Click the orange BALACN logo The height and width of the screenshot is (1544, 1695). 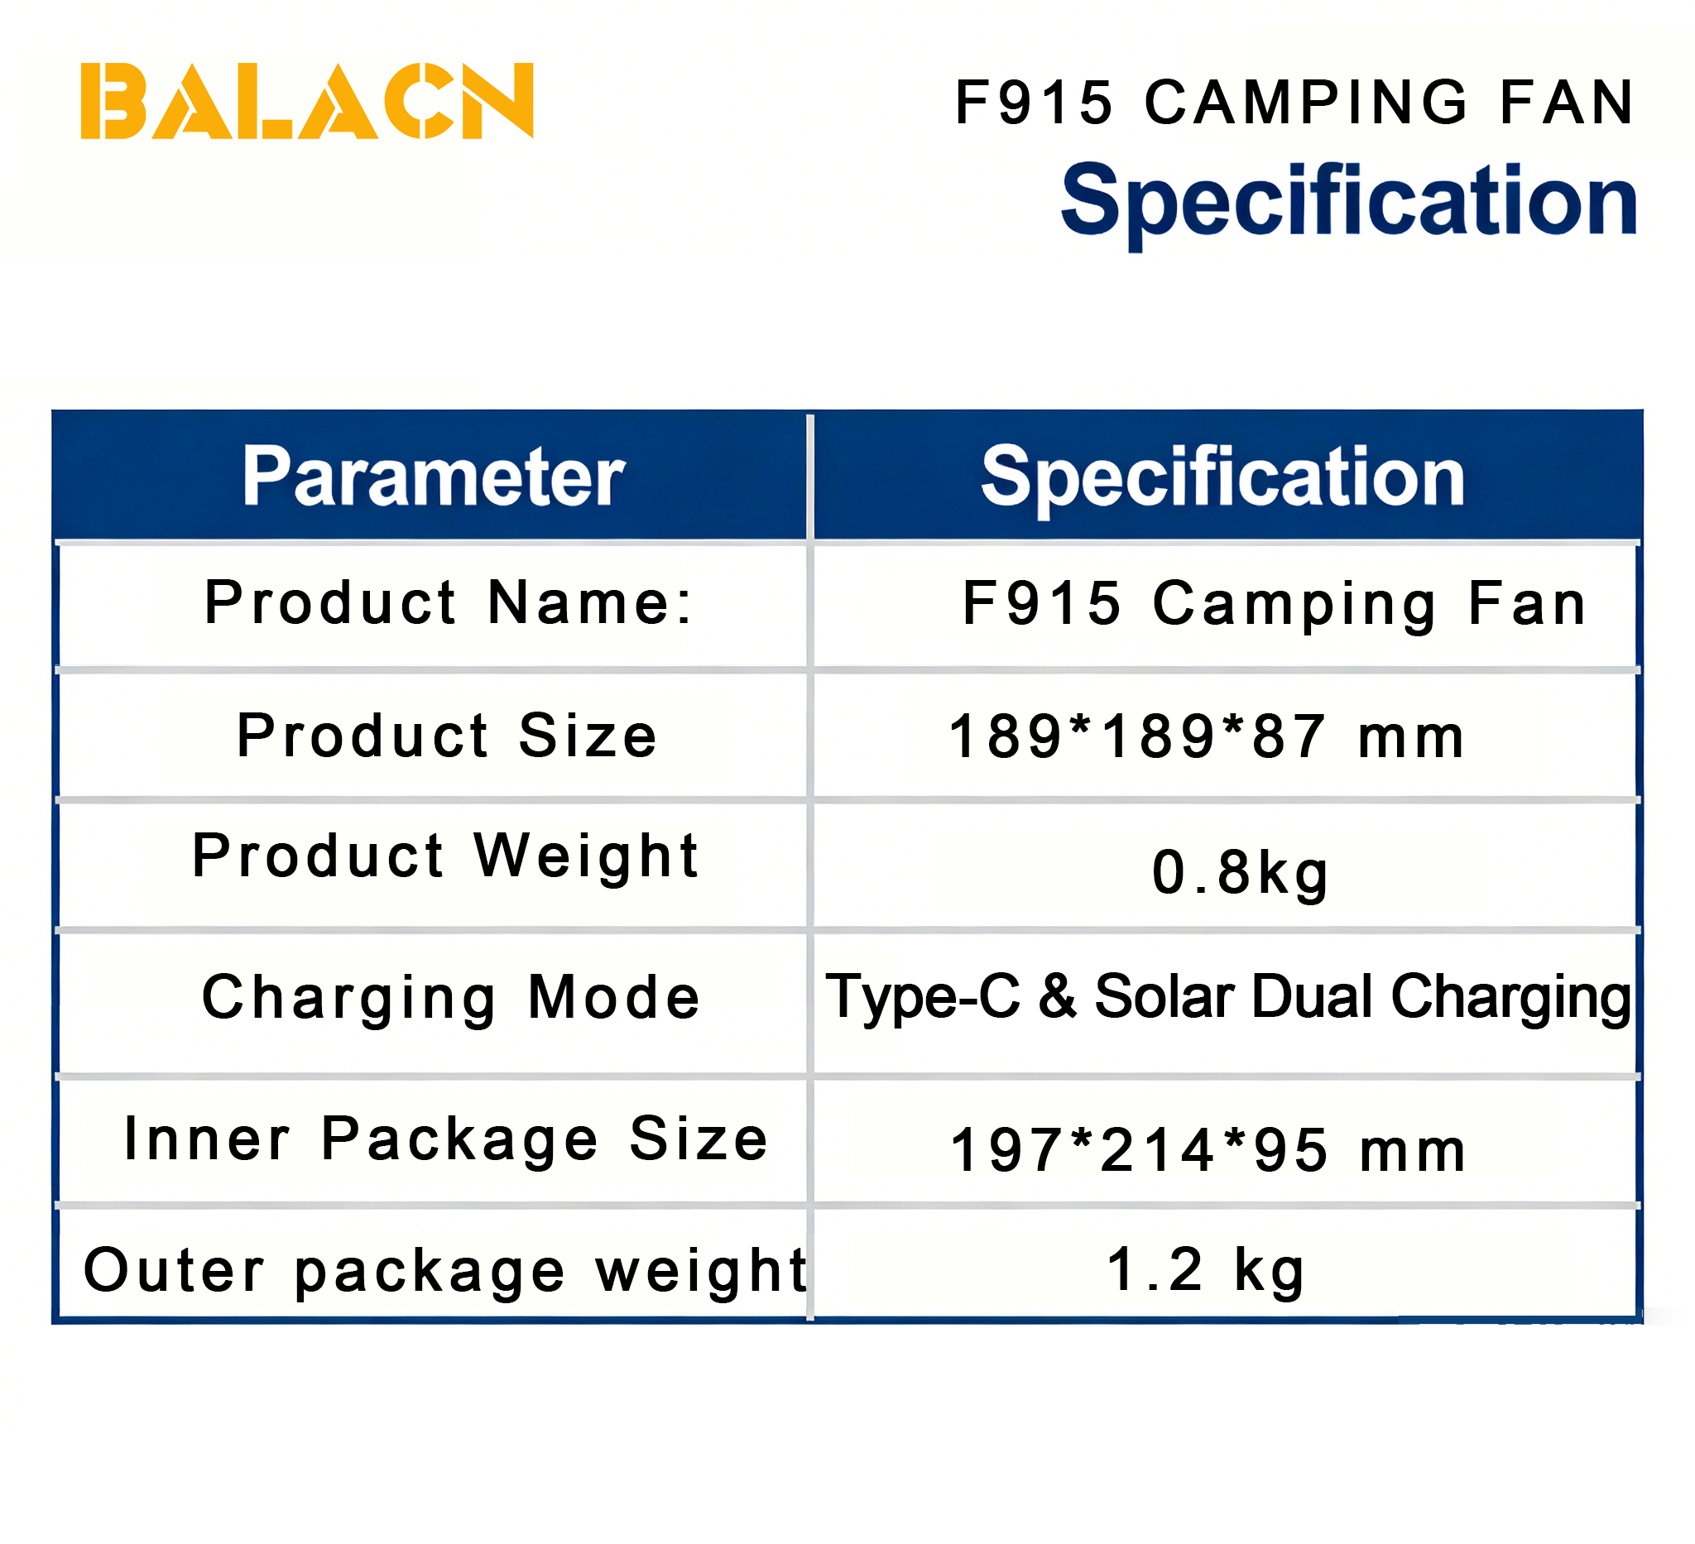[x=307, y=101]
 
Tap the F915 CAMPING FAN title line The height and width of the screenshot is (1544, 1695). [x=1294, y=103]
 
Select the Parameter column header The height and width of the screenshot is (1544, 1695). [x=434, y=477]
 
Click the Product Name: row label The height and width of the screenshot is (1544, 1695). [x=449, y=602]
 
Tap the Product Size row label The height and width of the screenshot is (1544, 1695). [x=446, y=736]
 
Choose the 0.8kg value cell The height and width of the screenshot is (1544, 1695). [x=1240, y=873]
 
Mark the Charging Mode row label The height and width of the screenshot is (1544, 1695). [x=451, y=999]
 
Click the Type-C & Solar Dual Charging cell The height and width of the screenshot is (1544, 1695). [x=1228, y=998]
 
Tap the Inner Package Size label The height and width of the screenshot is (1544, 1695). [x=446, y=1139]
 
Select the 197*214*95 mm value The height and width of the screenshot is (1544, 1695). [x=1208, y=1150]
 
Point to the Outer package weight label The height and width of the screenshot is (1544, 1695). [x=445, y=1270]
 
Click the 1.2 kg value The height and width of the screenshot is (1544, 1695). [x=1206, y=1269]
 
